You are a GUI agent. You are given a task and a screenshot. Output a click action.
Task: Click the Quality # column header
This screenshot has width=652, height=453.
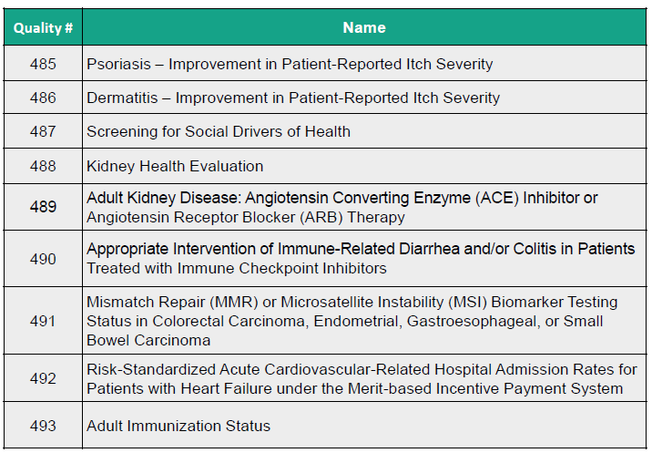click(44, 27)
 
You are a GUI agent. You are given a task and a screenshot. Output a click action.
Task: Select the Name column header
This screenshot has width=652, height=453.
click(364, 27)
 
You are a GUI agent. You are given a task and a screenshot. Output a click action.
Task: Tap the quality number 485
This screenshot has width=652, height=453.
click(43, 64)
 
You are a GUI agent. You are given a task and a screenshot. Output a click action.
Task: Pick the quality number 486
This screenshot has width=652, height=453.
click(43, 98)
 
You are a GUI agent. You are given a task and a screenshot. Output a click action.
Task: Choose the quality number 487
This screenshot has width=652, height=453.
click(43, 131)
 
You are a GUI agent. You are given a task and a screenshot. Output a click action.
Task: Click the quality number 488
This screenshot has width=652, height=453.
click(43, 166)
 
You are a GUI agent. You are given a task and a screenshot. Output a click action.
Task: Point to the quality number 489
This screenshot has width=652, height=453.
click(43, 207)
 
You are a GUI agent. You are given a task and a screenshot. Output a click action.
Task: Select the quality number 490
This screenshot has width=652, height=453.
click(43, 259)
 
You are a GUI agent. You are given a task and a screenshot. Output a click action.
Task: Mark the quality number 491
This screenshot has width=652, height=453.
click(43, 321)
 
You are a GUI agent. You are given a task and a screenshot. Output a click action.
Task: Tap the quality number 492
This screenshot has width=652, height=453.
click(43, 379)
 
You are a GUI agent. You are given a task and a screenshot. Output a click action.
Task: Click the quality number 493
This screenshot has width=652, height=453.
click(43, 426)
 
